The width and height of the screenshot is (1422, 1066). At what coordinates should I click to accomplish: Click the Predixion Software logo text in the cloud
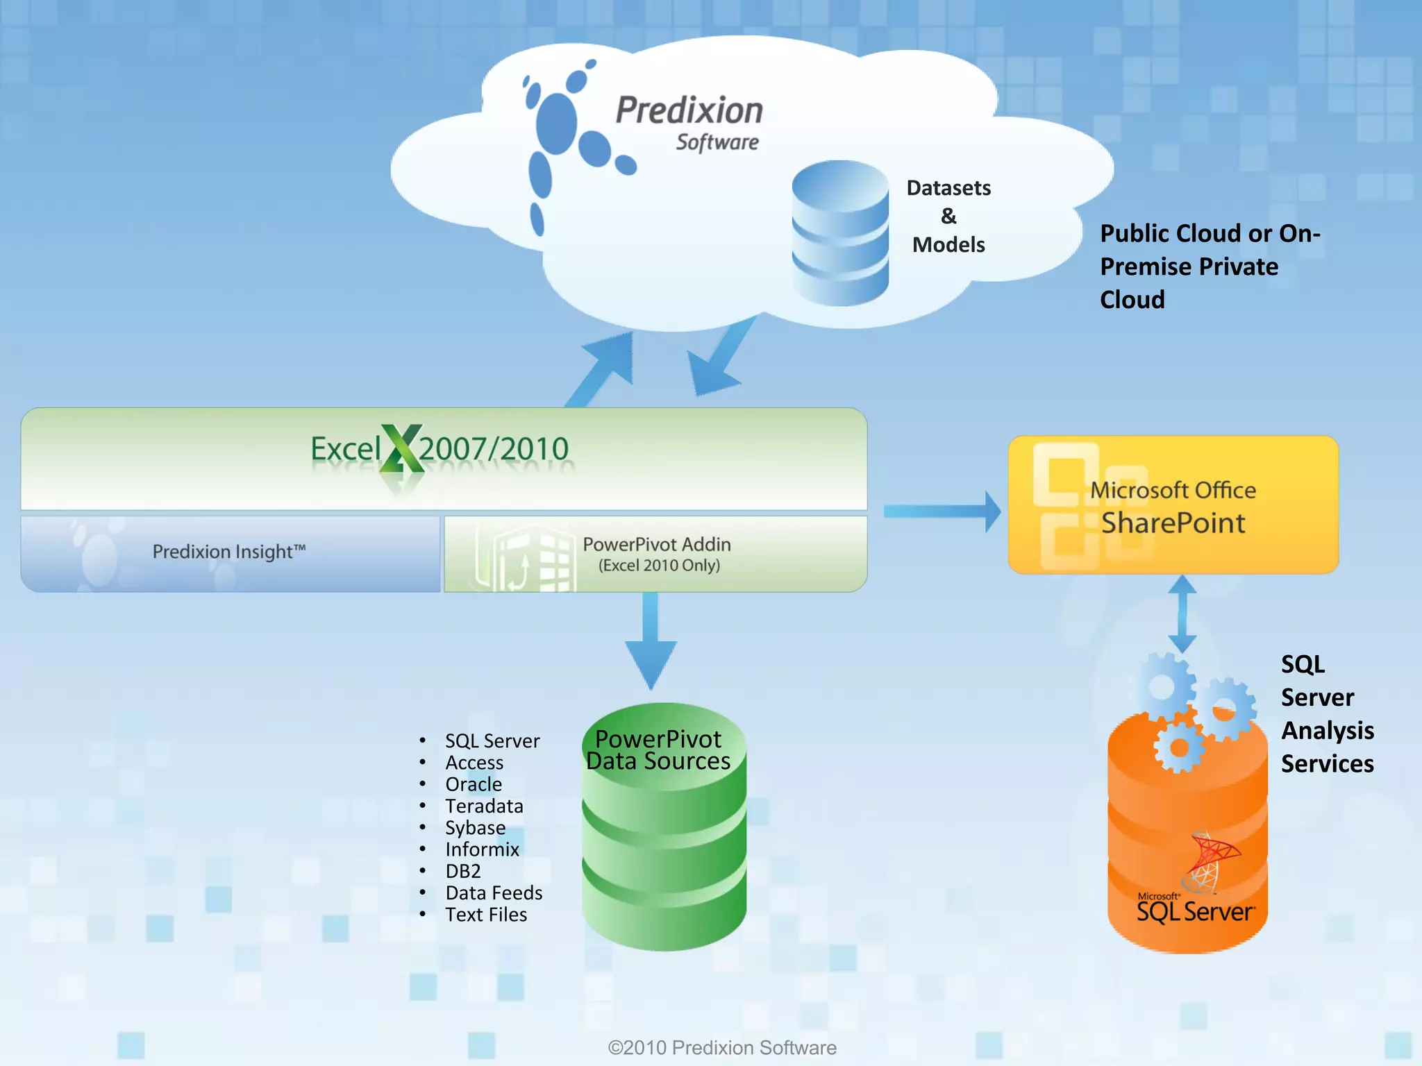click(x=689, y=122)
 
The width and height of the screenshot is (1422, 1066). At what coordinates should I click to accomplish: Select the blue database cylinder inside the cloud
click(x=840, y=233)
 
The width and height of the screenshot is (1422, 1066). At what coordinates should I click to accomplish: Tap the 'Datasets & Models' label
click(x=948, y=216)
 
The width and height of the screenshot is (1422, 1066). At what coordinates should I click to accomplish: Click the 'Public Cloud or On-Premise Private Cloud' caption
click(x=1209, y=266)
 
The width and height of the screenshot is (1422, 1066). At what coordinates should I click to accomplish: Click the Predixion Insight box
click(x=230, y=553)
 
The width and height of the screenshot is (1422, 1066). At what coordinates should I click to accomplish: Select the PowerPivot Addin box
click(x=655, y=554)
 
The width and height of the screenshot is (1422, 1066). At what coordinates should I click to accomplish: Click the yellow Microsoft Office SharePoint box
click(x=1173, y=505)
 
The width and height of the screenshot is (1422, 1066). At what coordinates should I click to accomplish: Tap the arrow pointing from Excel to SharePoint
click(x=942, y=511)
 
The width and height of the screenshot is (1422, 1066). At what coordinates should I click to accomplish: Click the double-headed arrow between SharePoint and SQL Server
click(x=1182, y=614)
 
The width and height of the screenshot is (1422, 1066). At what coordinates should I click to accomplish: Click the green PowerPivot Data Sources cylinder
click(x=664, y=833)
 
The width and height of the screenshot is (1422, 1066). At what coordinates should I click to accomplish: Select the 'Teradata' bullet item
click(x=484, y=806)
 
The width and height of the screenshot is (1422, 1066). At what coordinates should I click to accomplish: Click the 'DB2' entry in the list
click(x=463, y=872)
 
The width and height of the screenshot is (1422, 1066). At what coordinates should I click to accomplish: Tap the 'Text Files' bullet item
click(x=486, y=915)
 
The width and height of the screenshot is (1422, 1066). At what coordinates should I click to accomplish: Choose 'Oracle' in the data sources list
click(x=474, y=785)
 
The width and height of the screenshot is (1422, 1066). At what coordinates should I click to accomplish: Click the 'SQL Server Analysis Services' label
click(x=1326, y=714)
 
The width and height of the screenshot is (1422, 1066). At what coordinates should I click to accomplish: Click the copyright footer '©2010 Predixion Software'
click(x=722, y=1047)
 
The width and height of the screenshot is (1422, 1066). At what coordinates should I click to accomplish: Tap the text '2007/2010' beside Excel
click(x=494, y=449)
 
